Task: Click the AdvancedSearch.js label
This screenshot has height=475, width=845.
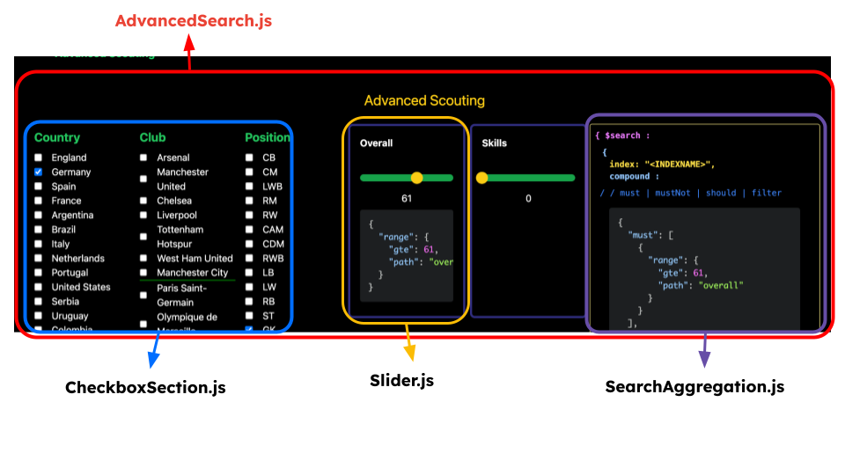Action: tap(194, 20)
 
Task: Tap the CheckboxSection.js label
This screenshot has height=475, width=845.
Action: tap(145, 386)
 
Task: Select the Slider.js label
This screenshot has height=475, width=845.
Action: tap(401, 381)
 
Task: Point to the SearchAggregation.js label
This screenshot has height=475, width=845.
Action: tap(694, 386)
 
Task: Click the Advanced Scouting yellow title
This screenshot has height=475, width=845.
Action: tap(424, 100)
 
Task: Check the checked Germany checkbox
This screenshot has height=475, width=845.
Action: tap(39, 172)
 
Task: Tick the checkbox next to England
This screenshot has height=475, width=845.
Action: tap(39, 158)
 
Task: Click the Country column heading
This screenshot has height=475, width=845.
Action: tap(57, 137)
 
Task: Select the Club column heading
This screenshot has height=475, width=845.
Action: tap(152, 137)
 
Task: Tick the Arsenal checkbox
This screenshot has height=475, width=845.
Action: tap(143, 158)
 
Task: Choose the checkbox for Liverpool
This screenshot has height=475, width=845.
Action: tap(143, 216)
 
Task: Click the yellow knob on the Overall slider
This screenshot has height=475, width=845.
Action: tap(417, 178)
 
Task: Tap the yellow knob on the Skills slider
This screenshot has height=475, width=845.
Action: tap(482, 178)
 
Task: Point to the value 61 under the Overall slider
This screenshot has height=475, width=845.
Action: tap(407, 199)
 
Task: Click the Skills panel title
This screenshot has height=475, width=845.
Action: tap(495, 143)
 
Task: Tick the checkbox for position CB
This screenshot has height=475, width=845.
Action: tap(249, 158)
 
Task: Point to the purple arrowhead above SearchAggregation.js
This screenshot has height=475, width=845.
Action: tap(704, 360)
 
